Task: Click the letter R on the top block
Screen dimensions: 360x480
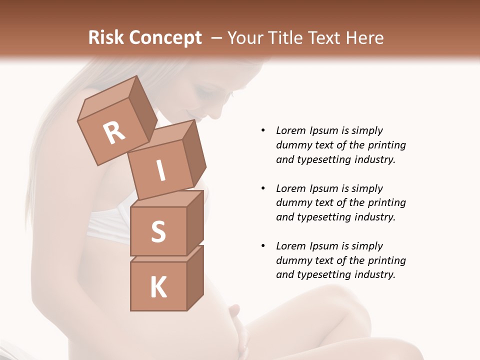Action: click(x=114, y=133)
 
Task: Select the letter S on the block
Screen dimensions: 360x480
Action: click(x=158, y=232)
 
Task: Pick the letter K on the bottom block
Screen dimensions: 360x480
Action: click(x=158, y=287)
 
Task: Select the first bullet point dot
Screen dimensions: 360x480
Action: click(x=263, y=130)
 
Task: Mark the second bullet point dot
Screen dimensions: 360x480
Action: click(x=263, y=188)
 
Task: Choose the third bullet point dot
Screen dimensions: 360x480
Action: click(x=263, y=246)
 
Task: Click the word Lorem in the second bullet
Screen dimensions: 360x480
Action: click(x=291, y=188)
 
